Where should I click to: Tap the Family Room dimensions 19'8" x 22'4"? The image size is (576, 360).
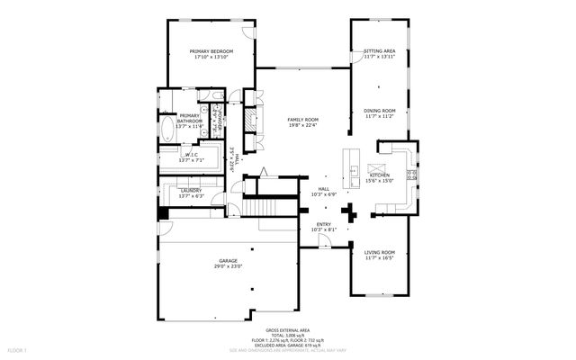pos(302,125)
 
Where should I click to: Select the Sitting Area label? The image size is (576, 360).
pos(379,51)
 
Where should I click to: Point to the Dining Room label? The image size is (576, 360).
pos(379,111)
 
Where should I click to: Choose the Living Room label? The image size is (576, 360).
pos(379,252)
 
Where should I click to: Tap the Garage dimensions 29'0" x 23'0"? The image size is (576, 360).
pos(229,265)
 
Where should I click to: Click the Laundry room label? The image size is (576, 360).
pos(190,190)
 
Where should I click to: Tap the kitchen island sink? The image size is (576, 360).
pos(355,170)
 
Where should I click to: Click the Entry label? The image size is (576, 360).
pos(323,224)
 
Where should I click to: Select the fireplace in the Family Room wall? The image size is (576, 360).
pos(251,125)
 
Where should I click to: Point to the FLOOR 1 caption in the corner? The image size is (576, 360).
pos(17,348)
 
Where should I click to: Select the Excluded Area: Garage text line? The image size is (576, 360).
pos(287,345)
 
